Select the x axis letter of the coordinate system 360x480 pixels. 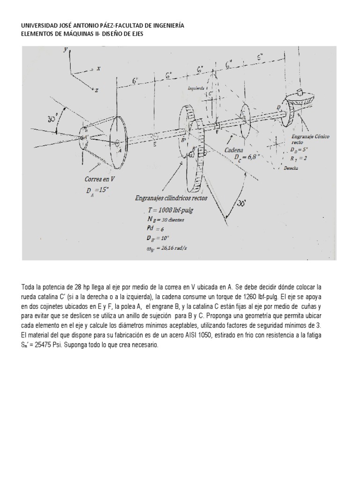(98, 69)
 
